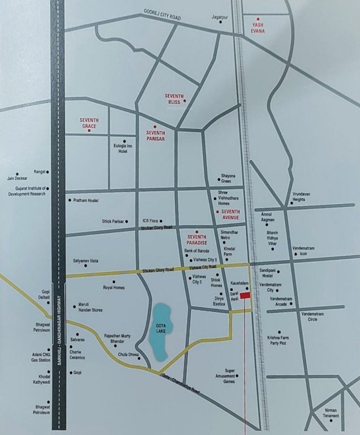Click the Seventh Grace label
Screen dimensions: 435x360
[90, 123]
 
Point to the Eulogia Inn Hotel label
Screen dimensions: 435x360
[123, 149]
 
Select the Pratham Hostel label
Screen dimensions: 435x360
[86, 201]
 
